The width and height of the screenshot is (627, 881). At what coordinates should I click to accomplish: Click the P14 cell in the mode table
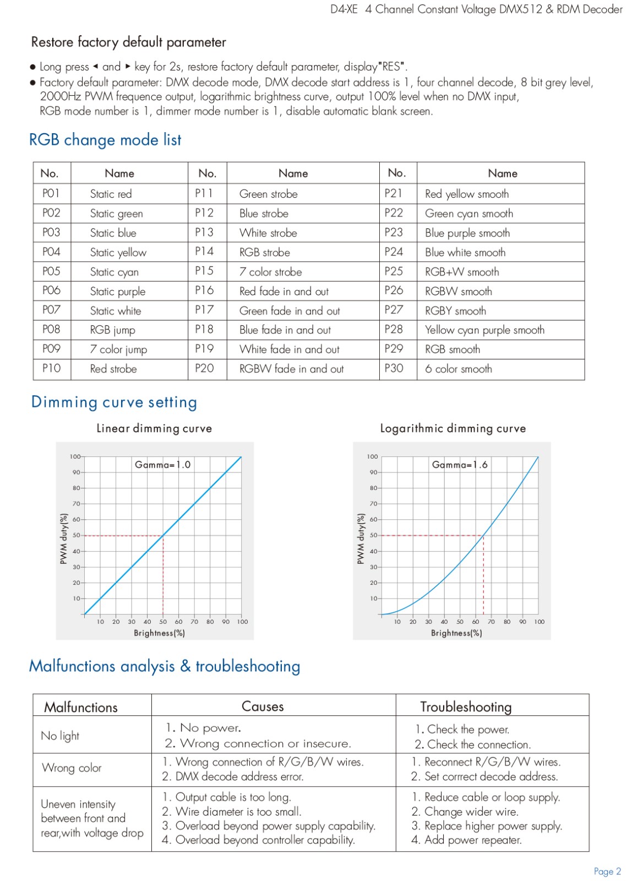204,251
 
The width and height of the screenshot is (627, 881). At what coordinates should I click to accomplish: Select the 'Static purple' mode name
118,291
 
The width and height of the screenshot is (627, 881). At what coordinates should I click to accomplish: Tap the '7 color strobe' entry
270,272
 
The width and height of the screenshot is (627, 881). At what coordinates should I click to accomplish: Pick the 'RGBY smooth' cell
455,311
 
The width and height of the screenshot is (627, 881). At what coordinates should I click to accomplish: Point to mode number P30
394,368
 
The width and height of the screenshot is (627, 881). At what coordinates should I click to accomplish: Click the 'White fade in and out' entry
290,349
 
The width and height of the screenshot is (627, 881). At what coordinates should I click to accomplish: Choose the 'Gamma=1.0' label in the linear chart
162,465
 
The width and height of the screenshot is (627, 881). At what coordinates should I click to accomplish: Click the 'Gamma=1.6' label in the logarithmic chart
460,465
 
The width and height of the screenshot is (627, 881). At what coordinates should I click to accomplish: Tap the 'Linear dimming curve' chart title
154,428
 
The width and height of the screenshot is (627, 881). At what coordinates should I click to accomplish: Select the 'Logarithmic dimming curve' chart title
453,428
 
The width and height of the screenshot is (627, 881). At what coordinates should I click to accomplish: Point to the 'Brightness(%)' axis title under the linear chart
159,633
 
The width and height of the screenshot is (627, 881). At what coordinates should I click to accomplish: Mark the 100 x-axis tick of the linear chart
242,622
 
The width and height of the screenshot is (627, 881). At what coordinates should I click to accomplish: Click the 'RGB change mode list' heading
105,140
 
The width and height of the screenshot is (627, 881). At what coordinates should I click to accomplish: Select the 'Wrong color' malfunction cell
72,768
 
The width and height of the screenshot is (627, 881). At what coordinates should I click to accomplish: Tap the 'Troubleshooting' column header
466,707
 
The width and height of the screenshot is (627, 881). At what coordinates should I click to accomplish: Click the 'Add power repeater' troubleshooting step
466,840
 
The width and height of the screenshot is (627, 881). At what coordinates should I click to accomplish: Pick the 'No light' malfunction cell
60,736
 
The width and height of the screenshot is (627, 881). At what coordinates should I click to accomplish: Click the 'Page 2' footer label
607,871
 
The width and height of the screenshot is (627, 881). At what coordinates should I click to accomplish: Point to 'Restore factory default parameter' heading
129,42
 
